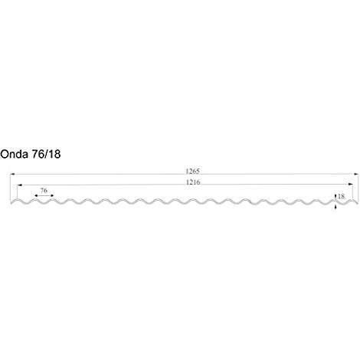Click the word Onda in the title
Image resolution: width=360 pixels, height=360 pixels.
[x=14, y=154]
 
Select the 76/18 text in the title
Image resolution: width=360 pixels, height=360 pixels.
[x=46, y=154]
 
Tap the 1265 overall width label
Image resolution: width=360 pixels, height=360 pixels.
[x=192, y=171]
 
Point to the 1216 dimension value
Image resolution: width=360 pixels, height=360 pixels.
[x=193, y=182]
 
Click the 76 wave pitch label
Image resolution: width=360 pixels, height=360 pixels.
[x=44, y=191]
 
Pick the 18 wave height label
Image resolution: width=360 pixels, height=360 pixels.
[x=341, y=196]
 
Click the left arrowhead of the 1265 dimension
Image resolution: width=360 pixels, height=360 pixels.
[x=12, y=174]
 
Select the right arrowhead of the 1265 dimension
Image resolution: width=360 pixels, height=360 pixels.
[x=356, y=174]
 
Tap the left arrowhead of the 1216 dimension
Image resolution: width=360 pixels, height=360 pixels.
[x=19, y=185]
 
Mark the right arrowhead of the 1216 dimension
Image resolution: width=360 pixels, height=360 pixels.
[x=351, y=184]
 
